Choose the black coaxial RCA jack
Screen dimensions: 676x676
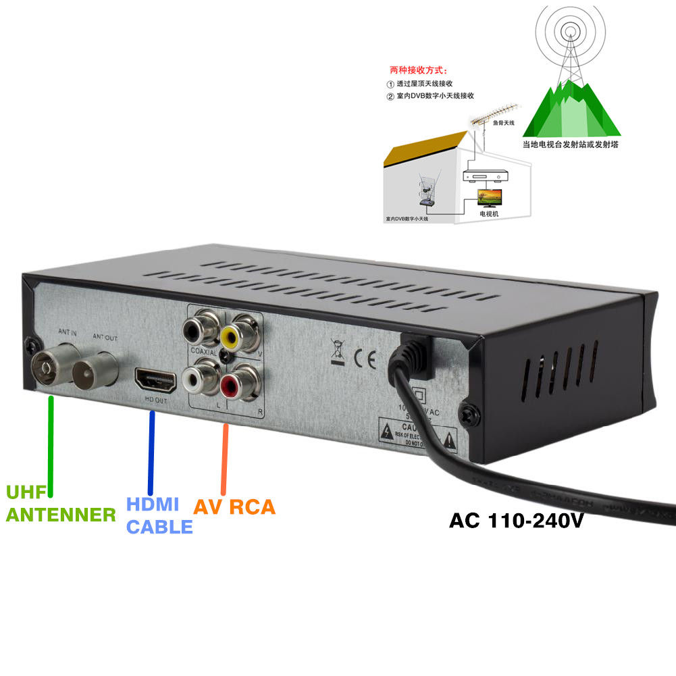tap(195, 330)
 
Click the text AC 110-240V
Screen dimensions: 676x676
tap(517, 521)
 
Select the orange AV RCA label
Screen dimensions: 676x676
tap(234, 506)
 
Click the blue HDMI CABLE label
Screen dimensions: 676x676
tap(159, 515)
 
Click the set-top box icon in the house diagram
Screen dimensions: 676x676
tap(484, 176)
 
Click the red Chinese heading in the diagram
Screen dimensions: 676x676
tap(418, 70)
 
